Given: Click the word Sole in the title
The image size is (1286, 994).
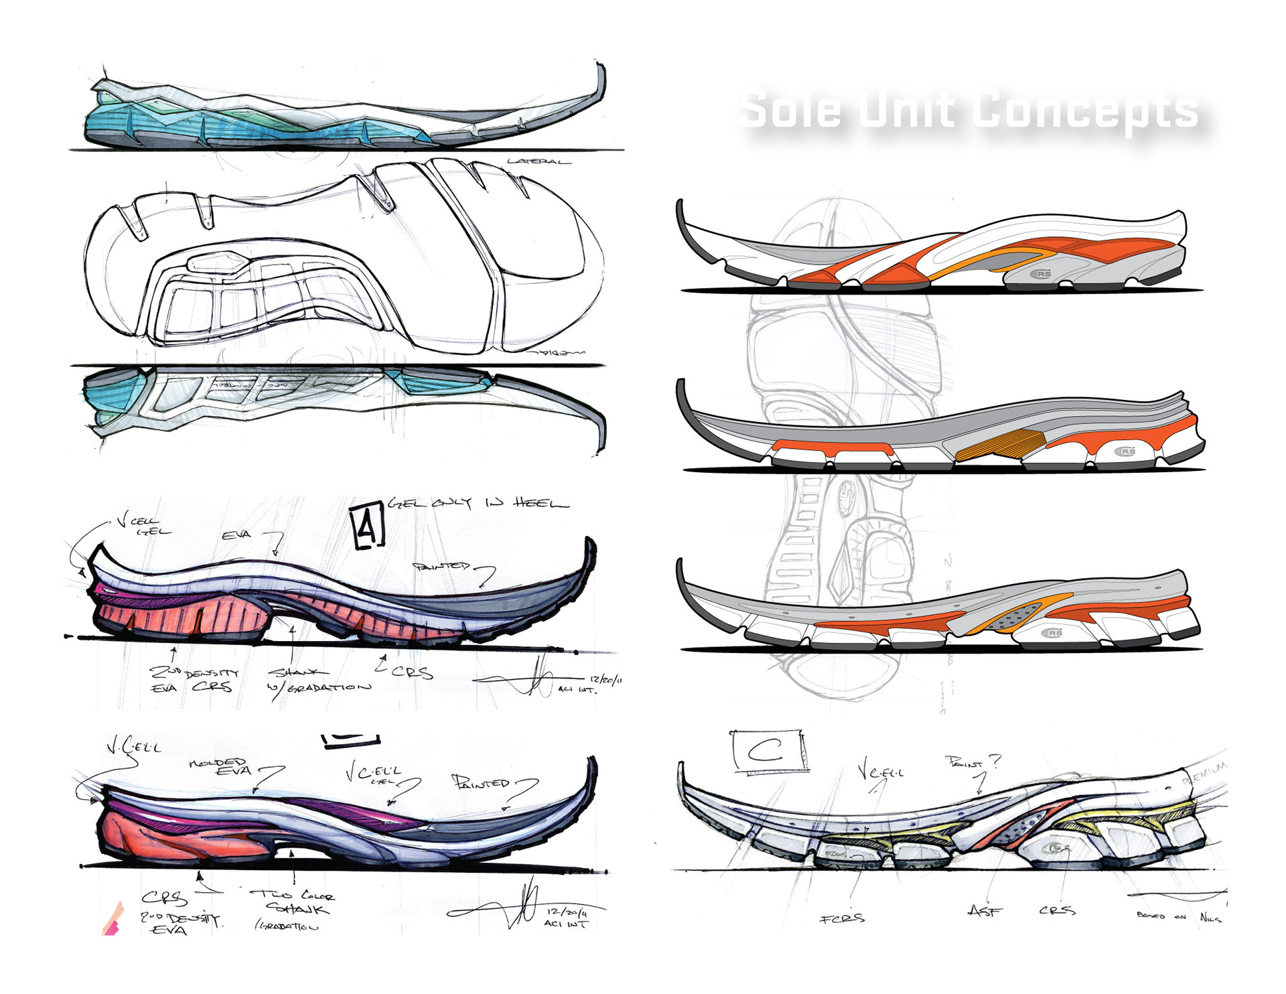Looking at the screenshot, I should tap(790, 109).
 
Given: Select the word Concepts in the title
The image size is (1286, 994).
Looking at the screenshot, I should tap(1085, 111).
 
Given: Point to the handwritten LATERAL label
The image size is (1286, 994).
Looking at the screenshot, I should tap(539, 161).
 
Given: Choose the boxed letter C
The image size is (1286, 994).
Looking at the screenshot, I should tap(769, 751).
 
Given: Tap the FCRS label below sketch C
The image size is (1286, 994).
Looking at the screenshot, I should tap(843, 918).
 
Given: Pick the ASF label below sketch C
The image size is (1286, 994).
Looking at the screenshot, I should tap(985, 911).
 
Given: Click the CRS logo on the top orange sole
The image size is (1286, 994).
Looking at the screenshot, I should tap(1041, 274).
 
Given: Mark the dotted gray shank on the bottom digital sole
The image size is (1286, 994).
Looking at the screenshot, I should tap(1018, 616).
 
